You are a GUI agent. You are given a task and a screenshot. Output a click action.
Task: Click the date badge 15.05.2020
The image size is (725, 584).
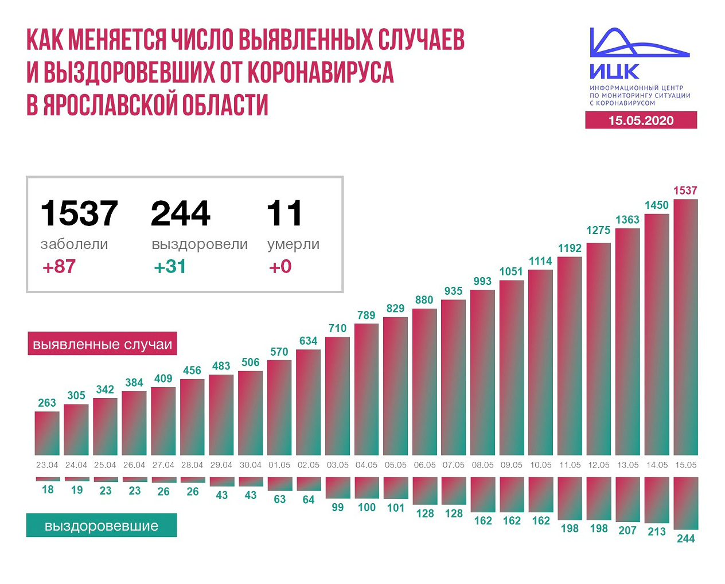click(641, 120)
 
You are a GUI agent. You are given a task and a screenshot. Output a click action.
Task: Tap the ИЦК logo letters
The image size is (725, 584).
click(614, 72)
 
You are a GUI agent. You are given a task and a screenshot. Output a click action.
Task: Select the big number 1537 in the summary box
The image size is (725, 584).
click(79, 213)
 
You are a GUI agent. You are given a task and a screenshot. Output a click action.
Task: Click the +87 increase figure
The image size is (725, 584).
click(59, 267)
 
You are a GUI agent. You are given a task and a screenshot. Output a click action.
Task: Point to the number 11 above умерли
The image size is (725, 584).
click(284, 213)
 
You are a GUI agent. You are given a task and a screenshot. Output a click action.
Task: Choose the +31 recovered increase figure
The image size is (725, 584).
click(170, 267)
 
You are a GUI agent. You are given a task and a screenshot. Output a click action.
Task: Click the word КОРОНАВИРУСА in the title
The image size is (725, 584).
click(321, 72)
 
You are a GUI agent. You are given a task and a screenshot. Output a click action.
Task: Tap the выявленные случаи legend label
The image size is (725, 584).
click(102, 344)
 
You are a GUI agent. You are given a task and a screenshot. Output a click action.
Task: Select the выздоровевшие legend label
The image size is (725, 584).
click(102, 525)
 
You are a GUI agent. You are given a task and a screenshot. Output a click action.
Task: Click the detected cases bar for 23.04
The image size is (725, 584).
click(47, 433)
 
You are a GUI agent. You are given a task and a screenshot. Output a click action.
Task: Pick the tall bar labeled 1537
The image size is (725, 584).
click(685, 327)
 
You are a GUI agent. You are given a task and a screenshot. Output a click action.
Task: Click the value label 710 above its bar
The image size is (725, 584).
click(337, 328)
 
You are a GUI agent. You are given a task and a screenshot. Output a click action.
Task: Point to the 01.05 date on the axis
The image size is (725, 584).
click(279, 465)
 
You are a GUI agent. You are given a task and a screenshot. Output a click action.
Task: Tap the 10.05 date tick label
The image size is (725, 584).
click(541, 465)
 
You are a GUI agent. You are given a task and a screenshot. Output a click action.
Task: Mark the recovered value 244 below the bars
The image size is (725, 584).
click(685, 538)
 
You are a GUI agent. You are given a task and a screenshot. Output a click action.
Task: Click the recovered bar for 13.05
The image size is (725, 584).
click(627, 499)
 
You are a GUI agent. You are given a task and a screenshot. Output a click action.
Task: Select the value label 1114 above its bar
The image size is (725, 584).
click(540, 261)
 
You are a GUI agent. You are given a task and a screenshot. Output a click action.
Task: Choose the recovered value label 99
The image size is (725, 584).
click(338, 507)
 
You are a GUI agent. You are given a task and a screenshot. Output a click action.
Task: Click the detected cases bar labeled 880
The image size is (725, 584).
click(424, 381)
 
